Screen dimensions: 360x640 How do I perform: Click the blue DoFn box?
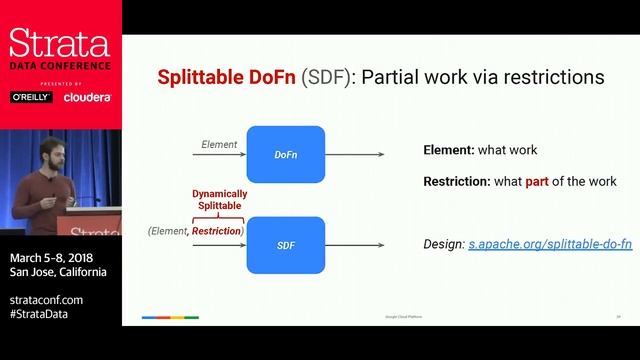(286, 154)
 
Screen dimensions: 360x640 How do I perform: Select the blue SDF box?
(286, 244)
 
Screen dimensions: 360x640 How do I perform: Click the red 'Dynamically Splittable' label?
(219, 199)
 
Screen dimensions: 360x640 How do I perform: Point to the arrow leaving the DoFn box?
(355, 154)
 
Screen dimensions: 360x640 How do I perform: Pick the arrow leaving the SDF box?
(355, 244)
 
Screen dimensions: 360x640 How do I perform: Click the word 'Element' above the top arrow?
(219, 145)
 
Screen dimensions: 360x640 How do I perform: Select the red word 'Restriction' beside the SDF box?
(217, 232)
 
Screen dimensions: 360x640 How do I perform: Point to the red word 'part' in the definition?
(539, 182)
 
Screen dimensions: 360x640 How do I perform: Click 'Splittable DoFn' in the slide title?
(227, 77)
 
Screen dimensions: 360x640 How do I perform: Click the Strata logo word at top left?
(59, 43)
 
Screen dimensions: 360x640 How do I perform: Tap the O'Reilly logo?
(31, 97)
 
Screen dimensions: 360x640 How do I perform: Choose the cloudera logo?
(87, 97)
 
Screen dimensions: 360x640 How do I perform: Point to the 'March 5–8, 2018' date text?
(50, 257)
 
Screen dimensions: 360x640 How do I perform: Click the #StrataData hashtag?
(45, 314)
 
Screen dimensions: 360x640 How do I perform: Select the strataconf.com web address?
(47, 299)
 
